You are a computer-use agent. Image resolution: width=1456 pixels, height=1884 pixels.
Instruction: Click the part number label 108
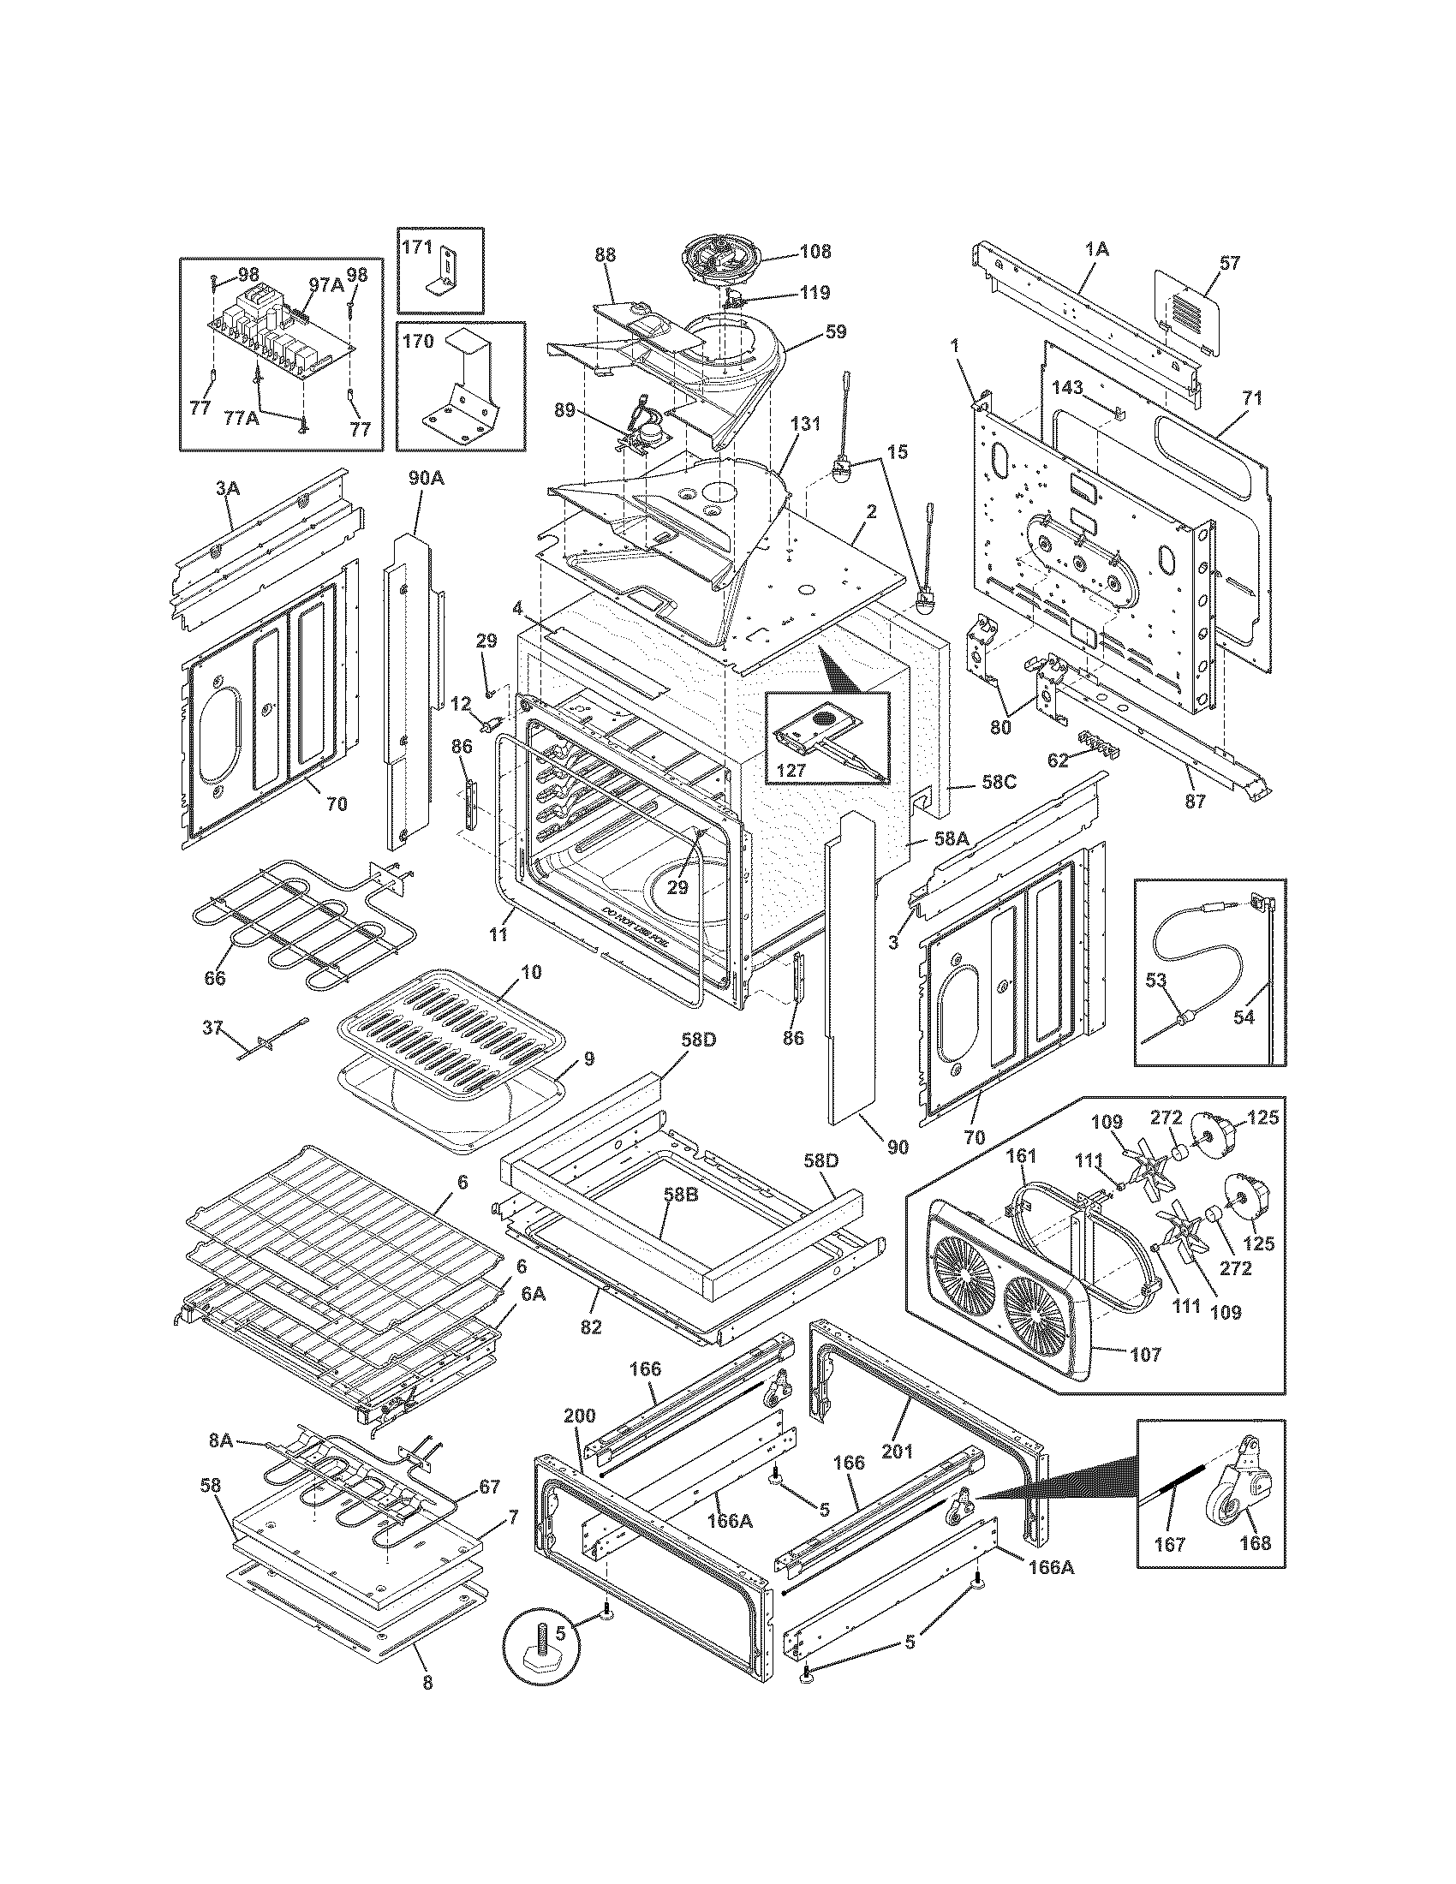(815, 251)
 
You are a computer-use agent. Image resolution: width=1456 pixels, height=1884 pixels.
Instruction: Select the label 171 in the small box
(417, 246)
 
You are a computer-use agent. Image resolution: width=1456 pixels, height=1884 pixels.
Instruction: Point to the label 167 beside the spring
(1171, 1544)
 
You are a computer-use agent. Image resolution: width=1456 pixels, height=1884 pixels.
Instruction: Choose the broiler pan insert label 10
(531, 972)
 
